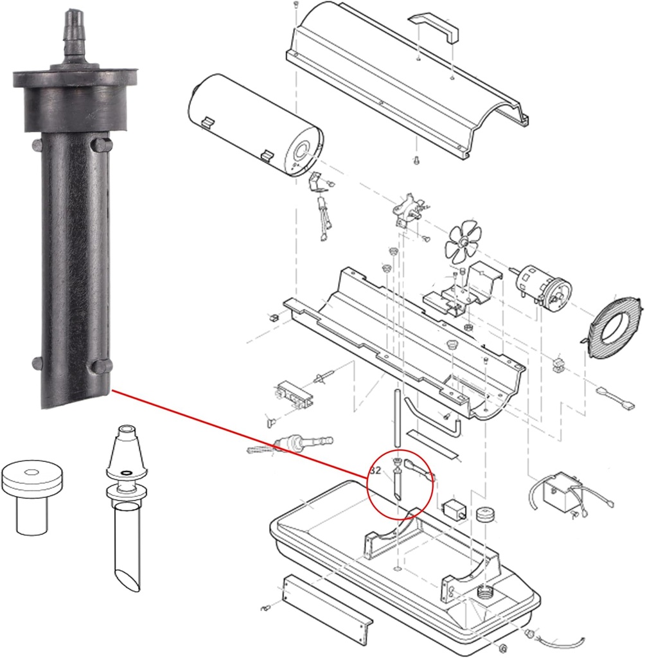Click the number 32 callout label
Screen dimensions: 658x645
[x=376, y=470]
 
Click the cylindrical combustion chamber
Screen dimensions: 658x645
[x=254, y=122]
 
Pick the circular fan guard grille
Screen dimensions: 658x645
[x=610, y=321]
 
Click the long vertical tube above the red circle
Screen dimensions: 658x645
[x=398, y=418]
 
